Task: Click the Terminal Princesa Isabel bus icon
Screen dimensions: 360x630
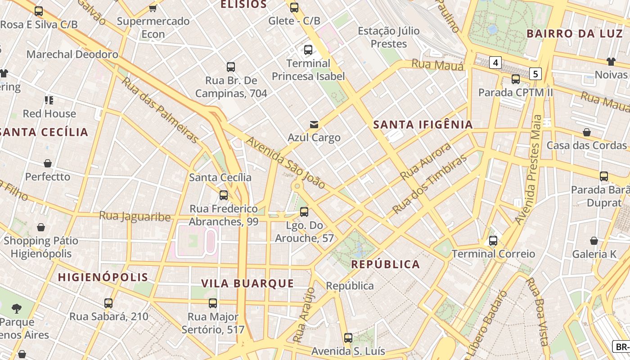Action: coord(308,50)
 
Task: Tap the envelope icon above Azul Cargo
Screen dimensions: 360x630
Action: coord(314,124)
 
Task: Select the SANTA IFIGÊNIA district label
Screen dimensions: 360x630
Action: coord(423,125)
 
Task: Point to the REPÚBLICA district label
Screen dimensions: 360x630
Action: coord(386,264)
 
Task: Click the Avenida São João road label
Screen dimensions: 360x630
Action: coord(285,163)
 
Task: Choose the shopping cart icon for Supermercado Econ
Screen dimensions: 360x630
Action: coord(153,8)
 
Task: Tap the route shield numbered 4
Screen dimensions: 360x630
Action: coord(495,63)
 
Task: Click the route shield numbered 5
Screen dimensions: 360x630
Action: coord(535,73)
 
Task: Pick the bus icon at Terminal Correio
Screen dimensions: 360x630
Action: coord(493,240)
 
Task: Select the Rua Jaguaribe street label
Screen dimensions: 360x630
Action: coord(135,216)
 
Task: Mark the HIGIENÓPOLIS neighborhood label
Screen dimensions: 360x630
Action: coord(103,277)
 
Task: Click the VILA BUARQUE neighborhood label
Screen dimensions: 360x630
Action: coord(247,283)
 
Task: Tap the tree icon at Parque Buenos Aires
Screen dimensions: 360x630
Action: coord(17,309)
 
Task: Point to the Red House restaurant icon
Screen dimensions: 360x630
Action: coord(49,100)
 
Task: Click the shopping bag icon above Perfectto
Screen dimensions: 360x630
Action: coord(48,163)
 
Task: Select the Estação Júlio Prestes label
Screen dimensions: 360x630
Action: coord(389,37)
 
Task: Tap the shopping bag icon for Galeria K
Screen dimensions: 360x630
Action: coord(594,241)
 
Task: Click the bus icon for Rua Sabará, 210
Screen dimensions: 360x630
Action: coord(108,303)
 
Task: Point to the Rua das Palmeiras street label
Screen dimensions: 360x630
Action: coord(160,110)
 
